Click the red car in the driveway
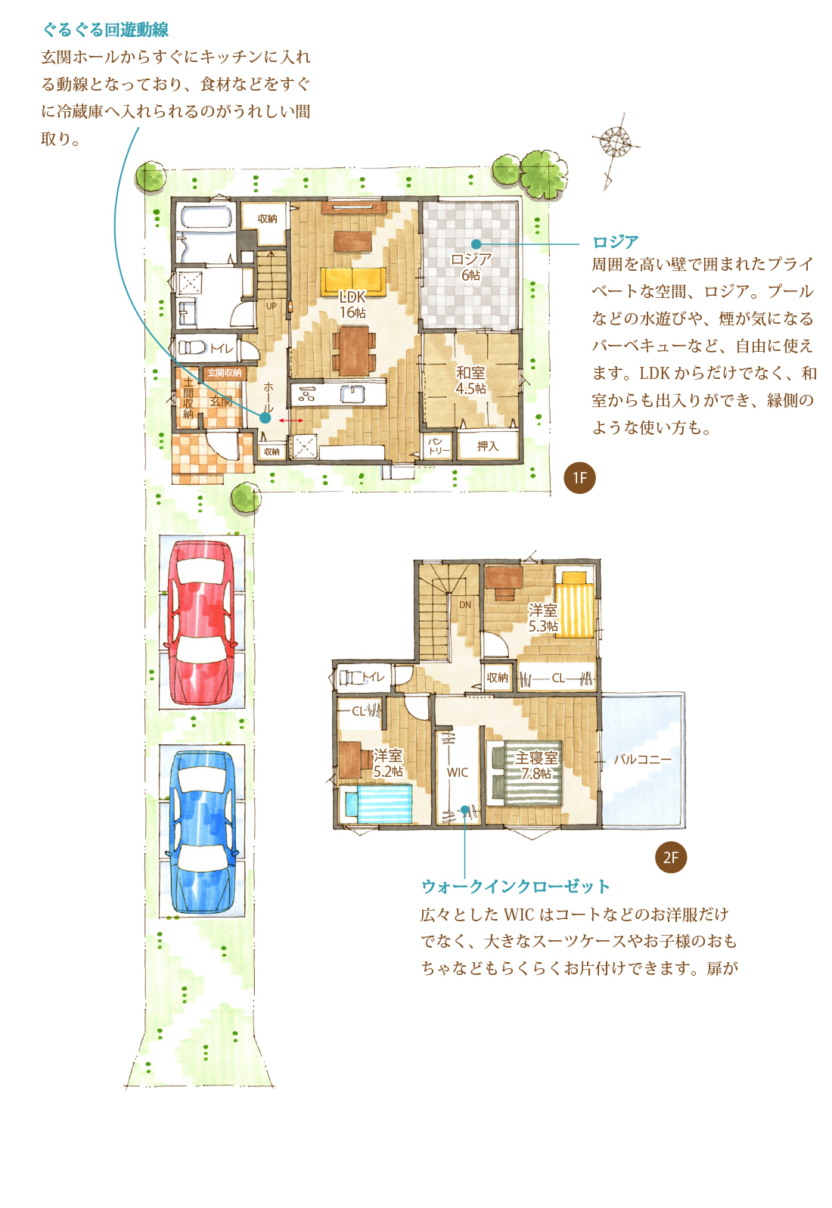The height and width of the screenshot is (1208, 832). coord(202,622)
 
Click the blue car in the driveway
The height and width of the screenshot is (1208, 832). coord(202,831)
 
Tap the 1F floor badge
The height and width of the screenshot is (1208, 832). coord(579,478)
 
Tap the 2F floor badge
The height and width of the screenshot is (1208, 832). coord(670,858)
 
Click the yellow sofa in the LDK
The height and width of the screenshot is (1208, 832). coord(353,281)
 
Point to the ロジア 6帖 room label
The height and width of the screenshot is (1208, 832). coord(470,267)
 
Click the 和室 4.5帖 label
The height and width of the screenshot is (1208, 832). coord(470,380)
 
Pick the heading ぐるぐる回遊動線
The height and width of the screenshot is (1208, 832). coord(106,30)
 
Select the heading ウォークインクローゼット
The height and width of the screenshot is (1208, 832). coord(516,886)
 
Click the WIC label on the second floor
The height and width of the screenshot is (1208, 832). coord(458,772)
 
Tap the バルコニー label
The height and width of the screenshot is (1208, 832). coord(642,760)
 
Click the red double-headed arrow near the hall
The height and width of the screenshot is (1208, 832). coord(290,420)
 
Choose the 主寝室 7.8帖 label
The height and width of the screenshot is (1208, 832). coord(536,765)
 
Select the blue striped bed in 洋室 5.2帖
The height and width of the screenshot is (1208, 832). coord(378,803)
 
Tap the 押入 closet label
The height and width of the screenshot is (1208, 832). coord(487,446)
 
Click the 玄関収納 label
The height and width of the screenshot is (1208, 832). coord(225,373)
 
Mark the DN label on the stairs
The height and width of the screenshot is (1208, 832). coord(465,605)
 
